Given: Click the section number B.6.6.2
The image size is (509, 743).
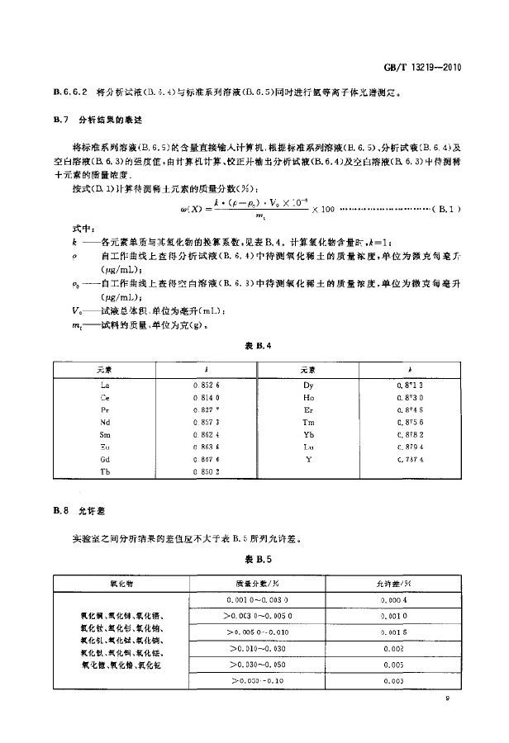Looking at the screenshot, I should click(65, 93).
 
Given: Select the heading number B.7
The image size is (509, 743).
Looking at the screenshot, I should click(60, 121).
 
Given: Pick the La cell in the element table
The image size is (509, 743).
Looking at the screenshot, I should click(104, 386).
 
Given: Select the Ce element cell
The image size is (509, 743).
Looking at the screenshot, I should click(104, 398).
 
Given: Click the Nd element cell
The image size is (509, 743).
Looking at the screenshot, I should click(104, 423).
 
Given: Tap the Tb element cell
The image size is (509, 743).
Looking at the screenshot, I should click(104, 471).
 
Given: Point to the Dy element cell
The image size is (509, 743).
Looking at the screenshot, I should click(308, 386).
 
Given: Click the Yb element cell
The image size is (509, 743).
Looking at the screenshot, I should click(308, 434).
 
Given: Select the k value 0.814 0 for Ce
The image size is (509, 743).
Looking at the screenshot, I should click(207, 398).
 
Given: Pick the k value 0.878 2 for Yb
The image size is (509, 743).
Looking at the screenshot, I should click(410, 434).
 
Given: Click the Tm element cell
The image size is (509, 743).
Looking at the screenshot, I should click(308, 423).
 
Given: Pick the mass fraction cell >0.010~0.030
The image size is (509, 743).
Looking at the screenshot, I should click(256, 649).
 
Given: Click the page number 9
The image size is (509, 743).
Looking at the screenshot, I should click(447, 700).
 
